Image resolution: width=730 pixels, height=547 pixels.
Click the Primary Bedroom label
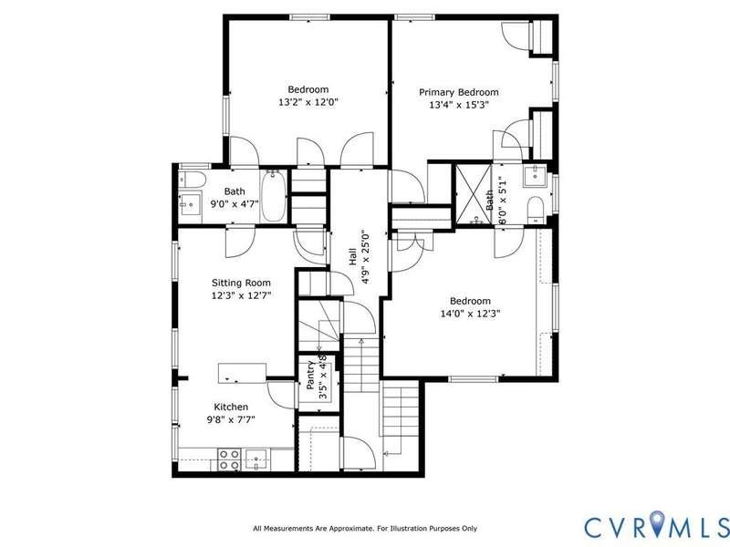(459, 92)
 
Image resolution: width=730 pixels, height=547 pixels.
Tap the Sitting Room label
(241, 283)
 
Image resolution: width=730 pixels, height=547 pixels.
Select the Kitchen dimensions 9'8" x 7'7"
(231, 419)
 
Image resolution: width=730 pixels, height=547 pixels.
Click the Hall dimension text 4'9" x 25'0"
(366, 257)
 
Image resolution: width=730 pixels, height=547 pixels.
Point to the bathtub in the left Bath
(273, 196)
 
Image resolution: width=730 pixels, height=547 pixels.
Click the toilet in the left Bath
(193, 180)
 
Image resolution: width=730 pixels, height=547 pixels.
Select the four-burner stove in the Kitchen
(230, 459)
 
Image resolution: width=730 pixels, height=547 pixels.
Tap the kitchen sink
(256, 459)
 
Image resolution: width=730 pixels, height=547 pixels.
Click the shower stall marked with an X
(474, 194)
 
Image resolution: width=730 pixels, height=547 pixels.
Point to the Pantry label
(310, 375)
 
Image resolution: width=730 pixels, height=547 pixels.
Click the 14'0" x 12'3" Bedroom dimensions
(470, 314)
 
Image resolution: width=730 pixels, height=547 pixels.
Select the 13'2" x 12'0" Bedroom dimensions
(308, 102)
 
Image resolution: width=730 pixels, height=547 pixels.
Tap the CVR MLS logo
(656, 527)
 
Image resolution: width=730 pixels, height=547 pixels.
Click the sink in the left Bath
(190, 203)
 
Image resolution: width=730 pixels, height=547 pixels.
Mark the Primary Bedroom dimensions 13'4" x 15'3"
(459, 105)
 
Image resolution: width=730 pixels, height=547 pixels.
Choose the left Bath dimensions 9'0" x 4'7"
(235, 203)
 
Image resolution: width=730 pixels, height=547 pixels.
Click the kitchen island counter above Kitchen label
(242, 373)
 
